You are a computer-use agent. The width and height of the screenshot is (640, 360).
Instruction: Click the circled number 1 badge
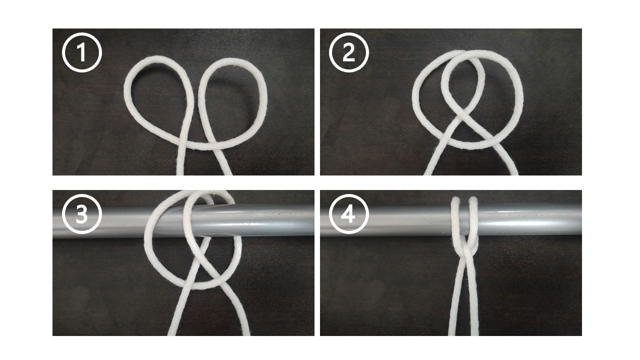click(x=82, y=52)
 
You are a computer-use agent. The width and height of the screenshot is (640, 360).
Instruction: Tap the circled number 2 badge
click(x=349, y=52)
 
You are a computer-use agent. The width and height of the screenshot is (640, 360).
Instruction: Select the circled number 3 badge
click(x=82, y=214)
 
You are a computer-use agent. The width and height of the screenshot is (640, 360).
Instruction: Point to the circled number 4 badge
click(x=349, y=214)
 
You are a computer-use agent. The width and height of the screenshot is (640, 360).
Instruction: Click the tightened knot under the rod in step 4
click(x=465, y=248)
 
